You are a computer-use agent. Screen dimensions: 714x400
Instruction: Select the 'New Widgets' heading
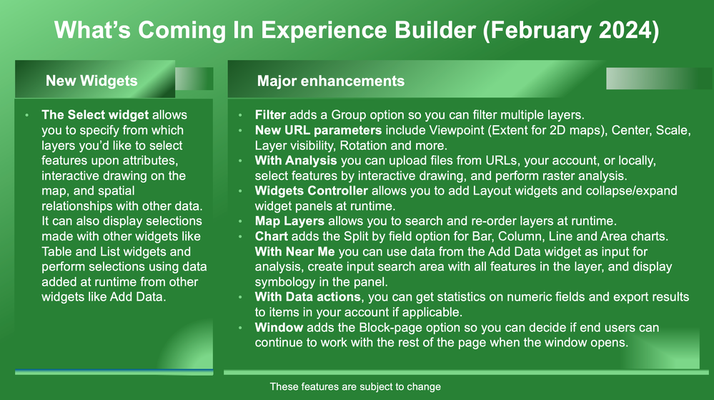(91, 81)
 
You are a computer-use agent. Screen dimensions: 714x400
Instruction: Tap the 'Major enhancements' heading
(331, 81)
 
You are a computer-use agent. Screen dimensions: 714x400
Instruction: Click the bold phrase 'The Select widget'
(95, 115)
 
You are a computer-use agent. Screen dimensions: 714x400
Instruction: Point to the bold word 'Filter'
(270, 115)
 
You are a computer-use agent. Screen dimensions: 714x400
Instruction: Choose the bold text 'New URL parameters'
(318, 130)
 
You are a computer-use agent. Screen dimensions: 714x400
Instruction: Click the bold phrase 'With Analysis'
(296, 160)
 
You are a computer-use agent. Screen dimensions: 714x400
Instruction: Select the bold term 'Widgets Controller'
(312, 190)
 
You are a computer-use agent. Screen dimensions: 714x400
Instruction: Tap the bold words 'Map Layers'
(289, 221)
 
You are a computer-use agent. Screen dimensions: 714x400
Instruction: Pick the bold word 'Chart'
(272, 236)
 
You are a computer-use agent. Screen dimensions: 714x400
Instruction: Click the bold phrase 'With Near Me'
(295, 252)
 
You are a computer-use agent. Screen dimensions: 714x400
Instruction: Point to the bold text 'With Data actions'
(308, 297)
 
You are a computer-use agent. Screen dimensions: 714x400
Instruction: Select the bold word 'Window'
(279, 328)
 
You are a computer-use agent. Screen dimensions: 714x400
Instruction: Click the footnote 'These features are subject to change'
(355, 387)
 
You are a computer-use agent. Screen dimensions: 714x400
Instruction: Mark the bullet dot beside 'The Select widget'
(27, 115)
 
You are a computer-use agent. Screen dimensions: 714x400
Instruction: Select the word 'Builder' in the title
(435, 30)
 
